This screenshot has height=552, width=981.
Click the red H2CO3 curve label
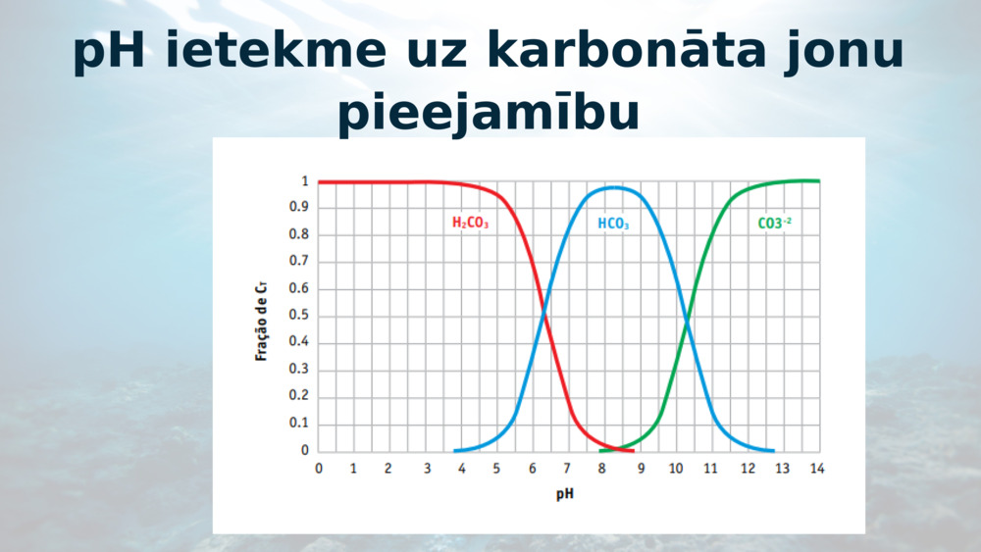471,223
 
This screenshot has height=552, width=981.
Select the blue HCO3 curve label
613,224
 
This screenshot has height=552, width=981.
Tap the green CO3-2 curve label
775,223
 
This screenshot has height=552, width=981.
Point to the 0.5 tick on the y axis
298,315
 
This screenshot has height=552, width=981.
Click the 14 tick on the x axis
817,469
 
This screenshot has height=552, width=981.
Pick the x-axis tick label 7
567,469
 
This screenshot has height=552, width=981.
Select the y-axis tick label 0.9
298,207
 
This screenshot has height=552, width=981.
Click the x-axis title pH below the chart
565,494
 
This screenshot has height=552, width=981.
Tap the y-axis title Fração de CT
261,320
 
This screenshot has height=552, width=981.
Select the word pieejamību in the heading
489,113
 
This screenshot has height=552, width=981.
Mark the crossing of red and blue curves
543,311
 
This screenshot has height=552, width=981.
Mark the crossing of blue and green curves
687,322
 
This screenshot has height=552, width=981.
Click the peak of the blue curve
614,187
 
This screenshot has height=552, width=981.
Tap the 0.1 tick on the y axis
298,424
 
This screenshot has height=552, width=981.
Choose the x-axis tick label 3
428,469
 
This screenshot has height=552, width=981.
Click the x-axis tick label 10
676,469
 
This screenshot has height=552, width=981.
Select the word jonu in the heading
844,51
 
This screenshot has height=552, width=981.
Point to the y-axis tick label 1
305,181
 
